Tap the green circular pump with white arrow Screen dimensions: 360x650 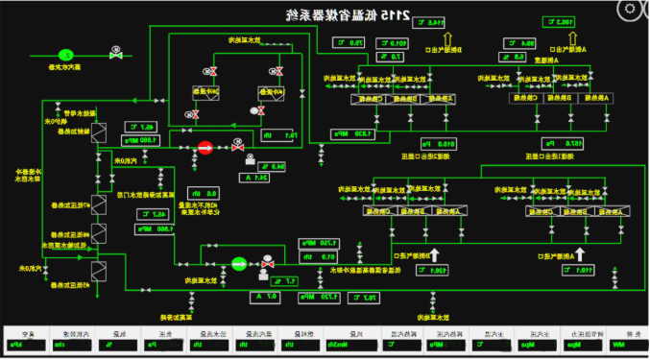[x=238, y=261]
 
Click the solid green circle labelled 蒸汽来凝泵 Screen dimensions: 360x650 [x=67, y=55]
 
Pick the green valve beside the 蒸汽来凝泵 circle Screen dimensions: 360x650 [x=116, y=55]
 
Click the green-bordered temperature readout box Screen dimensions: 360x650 [x=559, y=21]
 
